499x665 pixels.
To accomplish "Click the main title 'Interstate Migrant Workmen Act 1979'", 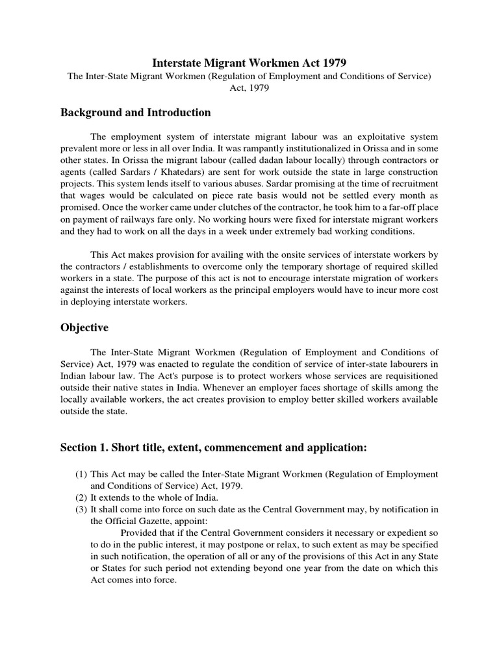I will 249,63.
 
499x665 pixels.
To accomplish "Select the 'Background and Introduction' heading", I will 135,112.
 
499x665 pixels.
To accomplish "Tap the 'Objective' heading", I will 84,328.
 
